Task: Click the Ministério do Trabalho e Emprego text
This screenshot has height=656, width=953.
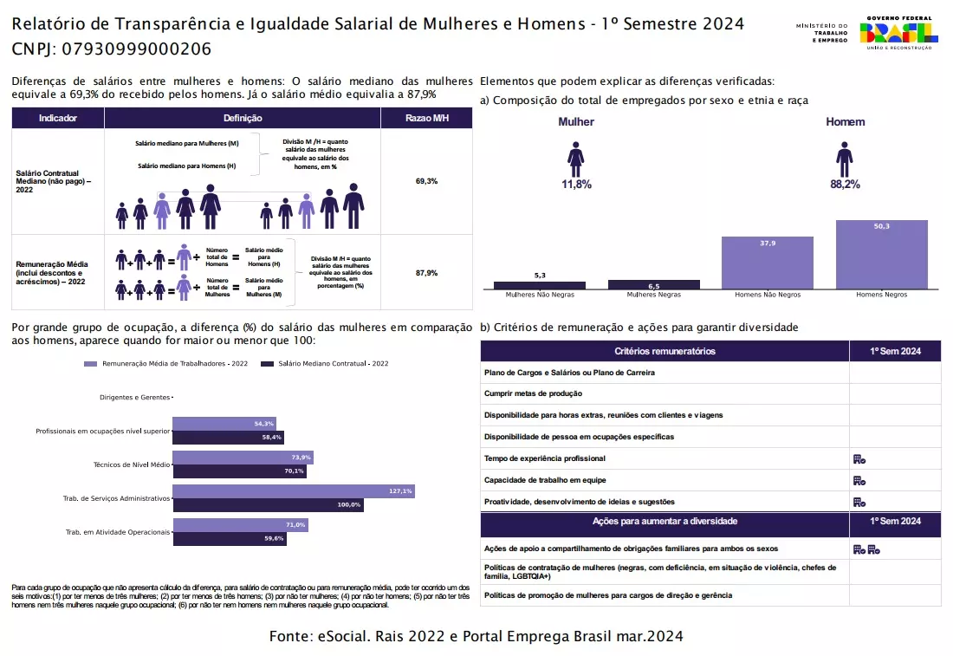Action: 823,33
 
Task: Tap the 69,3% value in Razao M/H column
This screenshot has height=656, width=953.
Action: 426,181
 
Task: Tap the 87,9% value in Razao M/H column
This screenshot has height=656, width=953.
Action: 426,273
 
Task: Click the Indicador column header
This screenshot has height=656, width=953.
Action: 58,118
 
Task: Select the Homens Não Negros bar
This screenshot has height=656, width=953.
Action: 767,263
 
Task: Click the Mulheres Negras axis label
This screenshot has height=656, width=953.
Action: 653,295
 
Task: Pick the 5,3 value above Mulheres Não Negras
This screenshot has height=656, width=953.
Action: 540,275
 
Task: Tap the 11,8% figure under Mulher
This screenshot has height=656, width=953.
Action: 576,185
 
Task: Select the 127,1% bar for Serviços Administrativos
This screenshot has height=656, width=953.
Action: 293,491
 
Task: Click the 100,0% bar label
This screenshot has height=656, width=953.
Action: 348,504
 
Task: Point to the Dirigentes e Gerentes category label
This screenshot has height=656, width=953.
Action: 134,397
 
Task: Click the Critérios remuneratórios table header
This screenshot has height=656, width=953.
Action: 665,351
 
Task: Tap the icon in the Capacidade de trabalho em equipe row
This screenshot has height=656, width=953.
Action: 859,480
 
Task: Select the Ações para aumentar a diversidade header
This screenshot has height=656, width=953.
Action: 665,521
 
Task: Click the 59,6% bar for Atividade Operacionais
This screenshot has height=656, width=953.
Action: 230,538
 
